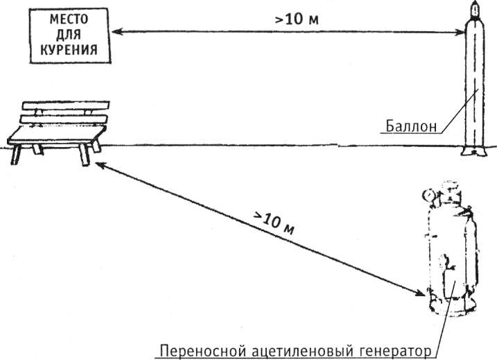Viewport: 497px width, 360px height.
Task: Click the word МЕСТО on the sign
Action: point(62,17)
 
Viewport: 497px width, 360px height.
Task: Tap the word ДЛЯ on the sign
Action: point(62,33)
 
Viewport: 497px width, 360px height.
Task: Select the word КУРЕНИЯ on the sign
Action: point(62,49)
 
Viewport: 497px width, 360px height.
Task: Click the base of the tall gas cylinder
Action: point(475,149)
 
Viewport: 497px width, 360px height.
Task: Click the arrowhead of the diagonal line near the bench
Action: point(98,164)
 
